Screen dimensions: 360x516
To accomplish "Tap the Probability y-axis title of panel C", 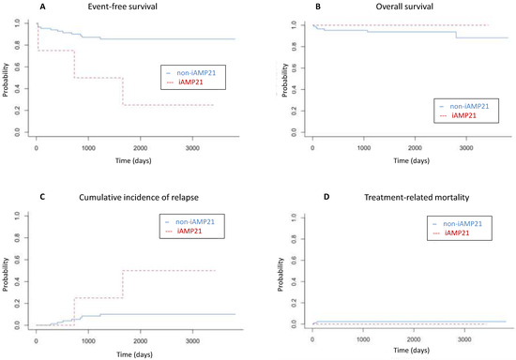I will [x=8, y=272].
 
